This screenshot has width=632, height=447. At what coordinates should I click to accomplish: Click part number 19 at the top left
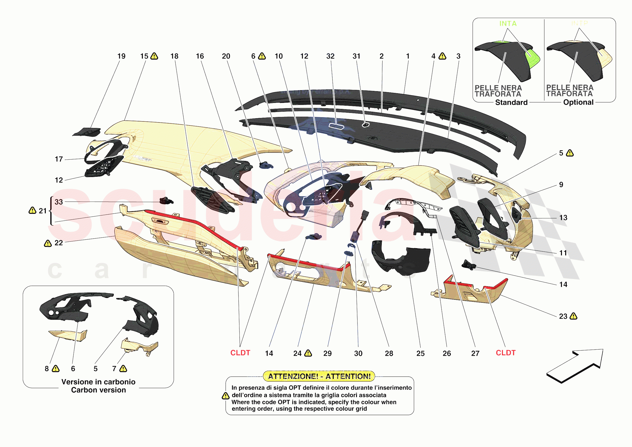pos(121,56)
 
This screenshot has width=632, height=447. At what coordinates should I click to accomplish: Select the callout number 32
pos(330,56)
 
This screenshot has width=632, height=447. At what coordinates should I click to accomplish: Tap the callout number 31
pos(356,56)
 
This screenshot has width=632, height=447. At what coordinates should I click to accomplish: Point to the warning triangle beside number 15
pos(154,56)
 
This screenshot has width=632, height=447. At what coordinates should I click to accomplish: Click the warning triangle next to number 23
pos(573,316)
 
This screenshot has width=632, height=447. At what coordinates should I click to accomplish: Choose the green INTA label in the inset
pos(508,24)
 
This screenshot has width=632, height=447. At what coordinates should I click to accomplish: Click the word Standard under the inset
pos(511,102)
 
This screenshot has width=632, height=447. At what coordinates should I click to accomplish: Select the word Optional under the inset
pos(578,102)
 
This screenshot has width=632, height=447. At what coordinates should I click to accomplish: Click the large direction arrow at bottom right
pos(575,365)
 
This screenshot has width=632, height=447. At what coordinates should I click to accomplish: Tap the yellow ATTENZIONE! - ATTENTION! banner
pos(319,376)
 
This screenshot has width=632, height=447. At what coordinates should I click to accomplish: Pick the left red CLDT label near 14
pos(240,353)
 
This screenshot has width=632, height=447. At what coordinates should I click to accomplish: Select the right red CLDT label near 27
pos(505,353)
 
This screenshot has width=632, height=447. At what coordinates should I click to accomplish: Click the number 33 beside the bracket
pos(59,202)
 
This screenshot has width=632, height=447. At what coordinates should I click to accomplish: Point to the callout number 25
pos(420,353)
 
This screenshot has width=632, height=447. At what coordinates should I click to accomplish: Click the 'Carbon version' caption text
pos(98,390)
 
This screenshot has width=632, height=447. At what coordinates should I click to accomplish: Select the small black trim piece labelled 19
pos(87,132)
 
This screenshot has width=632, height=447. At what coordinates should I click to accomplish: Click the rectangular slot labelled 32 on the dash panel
pos(336,126)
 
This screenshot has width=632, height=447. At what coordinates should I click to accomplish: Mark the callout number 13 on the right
pos(563,218)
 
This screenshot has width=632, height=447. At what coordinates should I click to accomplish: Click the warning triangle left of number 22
pos(48,243)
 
